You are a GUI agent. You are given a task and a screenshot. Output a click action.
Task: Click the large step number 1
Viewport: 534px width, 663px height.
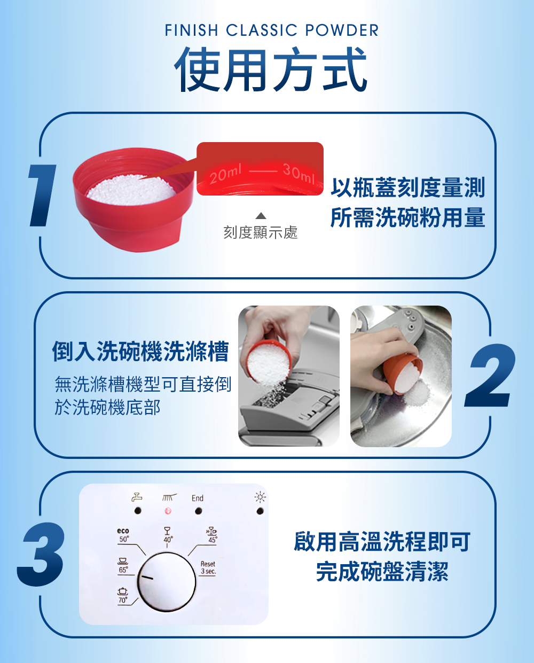pos(42,196)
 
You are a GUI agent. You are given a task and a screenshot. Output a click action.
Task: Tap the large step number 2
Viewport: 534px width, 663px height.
pos(490,375)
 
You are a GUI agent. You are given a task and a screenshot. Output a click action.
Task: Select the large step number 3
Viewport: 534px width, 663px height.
pos(42,555)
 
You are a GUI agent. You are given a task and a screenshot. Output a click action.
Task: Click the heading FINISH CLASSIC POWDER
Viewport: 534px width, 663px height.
pos(272,30)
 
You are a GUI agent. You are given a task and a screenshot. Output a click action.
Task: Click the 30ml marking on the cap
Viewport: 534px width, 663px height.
pos(299,174)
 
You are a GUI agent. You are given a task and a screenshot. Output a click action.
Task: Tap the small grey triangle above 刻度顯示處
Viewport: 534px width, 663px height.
pos(261,216)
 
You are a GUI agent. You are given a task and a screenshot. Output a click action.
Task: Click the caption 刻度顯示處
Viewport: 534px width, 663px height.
pos(261,232)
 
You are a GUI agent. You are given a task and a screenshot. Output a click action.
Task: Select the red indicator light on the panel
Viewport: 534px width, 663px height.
pos(168,511)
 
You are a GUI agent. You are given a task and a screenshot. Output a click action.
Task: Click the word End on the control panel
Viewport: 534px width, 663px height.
pos(198,498)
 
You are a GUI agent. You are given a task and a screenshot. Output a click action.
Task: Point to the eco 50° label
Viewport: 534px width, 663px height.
pos(123,535)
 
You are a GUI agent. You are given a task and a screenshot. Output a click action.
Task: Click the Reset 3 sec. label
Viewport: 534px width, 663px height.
pos(208,567)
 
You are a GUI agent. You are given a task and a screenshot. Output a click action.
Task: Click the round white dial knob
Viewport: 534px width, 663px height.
pos(166,582)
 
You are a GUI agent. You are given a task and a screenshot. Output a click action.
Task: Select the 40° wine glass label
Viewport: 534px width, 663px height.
pos(168,535)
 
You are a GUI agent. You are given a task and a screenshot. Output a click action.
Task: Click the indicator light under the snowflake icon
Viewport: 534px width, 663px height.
pos(260,511)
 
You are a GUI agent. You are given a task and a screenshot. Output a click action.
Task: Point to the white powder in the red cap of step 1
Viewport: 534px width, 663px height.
pos(131,191)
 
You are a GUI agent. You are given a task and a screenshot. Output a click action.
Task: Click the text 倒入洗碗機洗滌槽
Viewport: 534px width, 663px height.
pos(140,351)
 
